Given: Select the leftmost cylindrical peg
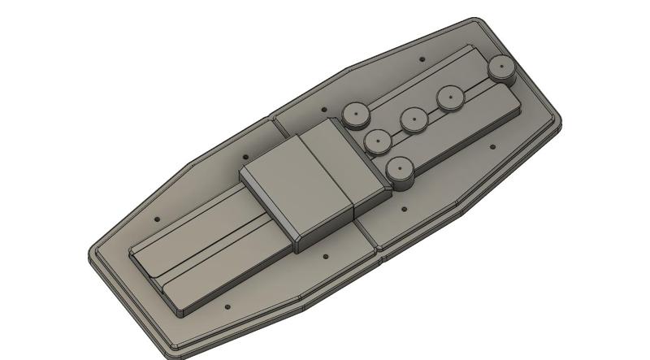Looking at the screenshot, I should tap(355, 113).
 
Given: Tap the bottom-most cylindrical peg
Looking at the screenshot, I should tap(398, 169).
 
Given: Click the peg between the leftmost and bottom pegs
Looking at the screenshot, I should tap(379, 141).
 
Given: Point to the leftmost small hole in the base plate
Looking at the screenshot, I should tap(157, 219).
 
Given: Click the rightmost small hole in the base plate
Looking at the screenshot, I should tap(492, 147).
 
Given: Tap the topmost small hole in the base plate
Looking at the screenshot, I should tap(421, 59).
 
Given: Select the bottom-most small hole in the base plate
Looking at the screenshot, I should tap(227, 307).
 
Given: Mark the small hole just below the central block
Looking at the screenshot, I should tap(326, 257).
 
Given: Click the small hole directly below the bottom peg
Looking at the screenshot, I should tap(404, 209).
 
